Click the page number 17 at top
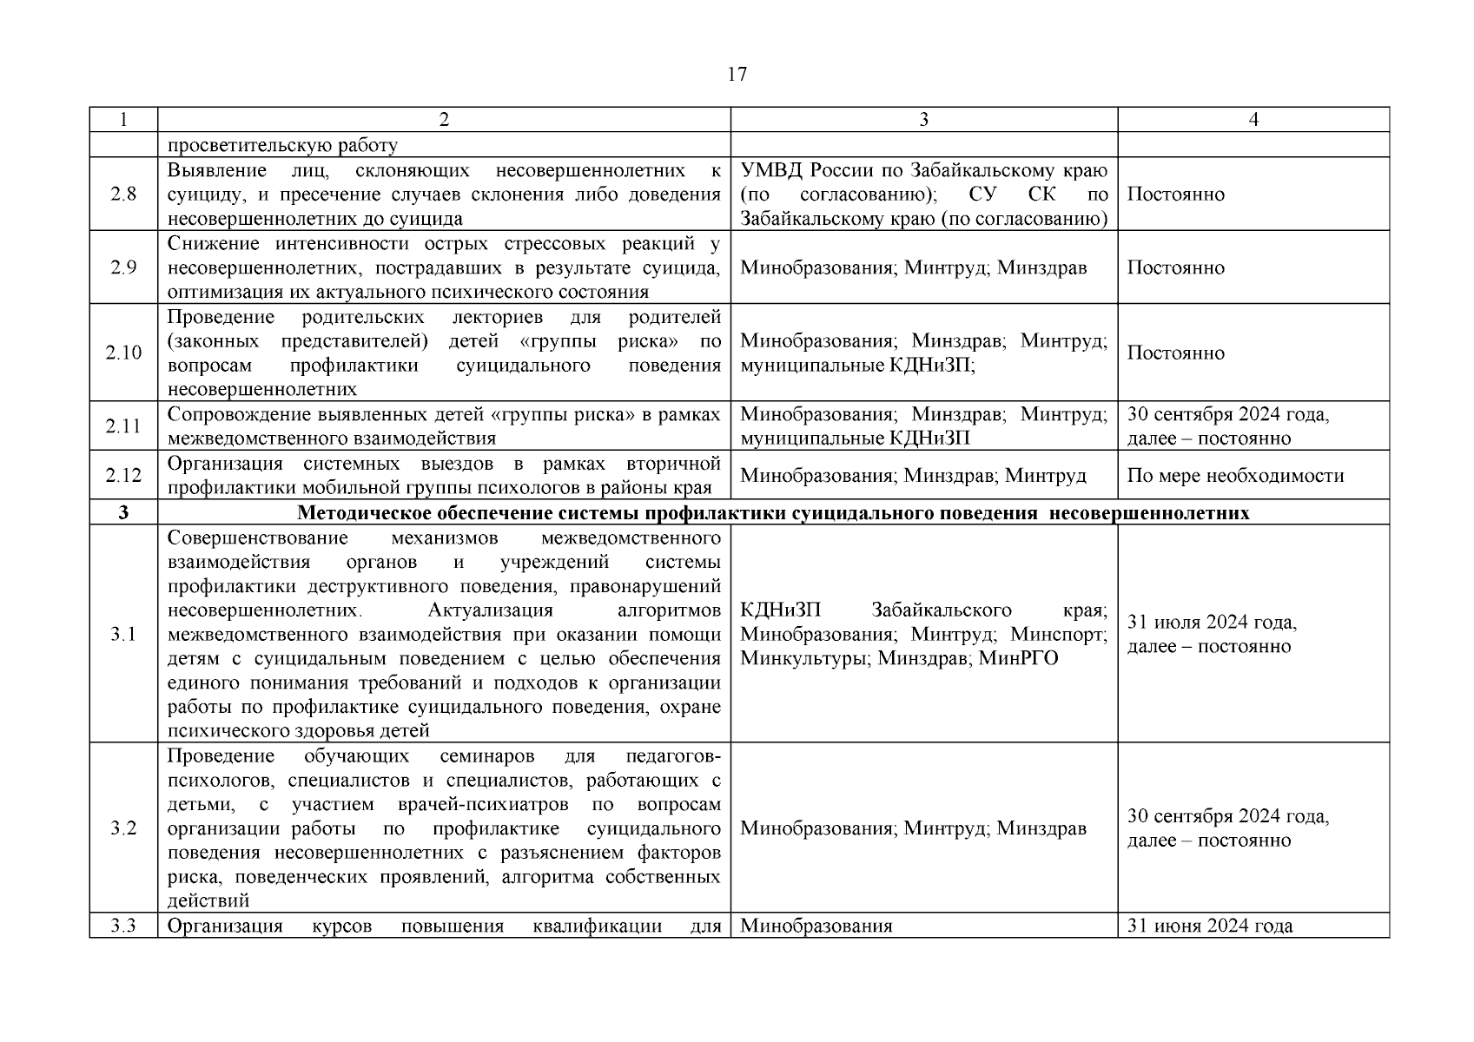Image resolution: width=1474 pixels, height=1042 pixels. point(737,75)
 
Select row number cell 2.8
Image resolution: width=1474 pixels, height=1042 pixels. point(123,195)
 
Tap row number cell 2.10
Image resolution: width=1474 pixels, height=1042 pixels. point(123,353)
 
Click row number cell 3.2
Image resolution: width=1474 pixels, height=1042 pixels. point(123,828)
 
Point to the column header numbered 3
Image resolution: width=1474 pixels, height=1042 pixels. point(923,120)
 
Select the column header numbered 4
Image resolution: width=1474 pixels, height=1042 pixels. point(1253,120)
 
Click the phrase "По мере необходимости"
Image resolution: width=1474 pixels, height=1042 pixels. point(1235,476)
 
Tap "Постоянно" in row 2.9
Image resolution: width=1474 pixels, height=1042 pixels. point(1175,267)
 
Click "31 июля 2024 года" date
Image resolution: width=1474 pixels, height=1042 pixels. point(1212,623)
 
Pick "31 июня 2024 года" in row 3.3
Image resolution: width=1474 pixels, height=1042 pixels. point(1209,926)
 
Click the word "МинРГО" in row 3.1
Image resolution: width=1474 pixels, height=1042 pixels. point(1018,659)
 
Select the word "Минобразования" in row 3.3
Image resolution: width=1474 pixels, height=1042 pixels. point(816,926)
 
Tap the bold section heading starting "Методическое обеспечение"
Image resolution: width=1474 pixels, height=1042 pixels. point(773,512)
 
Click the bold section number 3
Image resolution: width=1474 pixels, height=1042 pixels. point(123,512)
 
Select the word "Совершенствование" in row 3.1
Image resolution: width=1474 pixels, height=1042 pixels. point(257,538)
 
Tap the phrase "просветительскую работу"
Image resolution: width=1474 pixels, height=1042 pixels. point(282,146)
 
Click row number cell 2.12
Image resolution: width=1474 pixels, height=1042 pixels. point(123,476)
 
